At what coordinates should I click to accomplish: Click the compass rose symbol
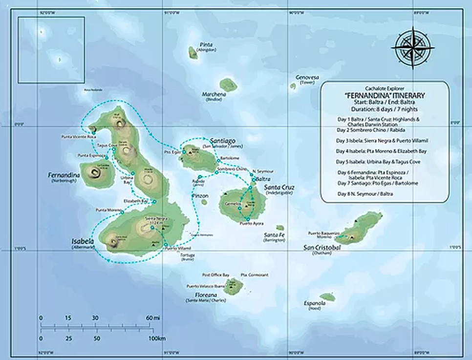pos(413,47)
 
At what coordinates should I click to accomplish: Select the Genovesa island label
pos(307,77)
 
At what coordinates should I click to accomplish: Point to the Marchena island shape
pos(228,85)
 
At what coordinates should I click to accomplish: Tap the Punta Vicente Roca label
pos(76,136)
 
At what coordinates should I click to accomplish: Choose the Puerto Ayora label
pos(252,224)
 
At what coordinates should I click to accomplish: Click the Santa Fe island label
pos(274,235)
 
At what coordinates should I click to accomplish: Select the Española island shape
pos(327,296)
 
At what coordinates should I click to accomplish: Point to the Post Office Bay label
pos(215,275)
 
